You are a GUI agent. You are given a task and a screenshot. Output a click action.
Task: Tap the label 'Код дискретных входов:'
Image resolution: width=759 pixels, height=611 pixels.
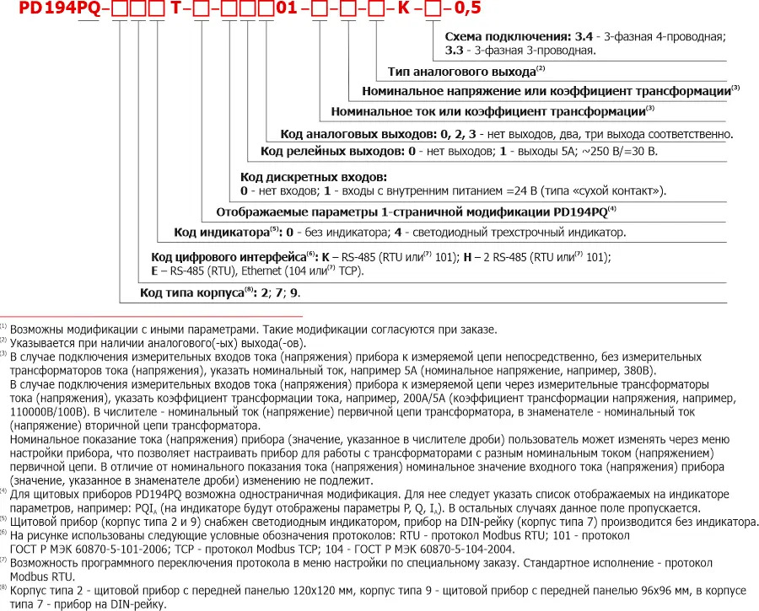coord(313,177)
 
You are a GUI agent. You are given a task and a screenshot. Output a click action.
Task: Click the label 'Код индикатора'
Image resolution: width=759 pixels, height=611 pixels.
coord(222,232)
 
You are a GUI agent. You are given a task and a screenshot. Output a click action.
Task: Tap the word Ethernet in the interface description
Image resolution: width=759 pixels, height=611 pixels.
coord(264,271)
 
